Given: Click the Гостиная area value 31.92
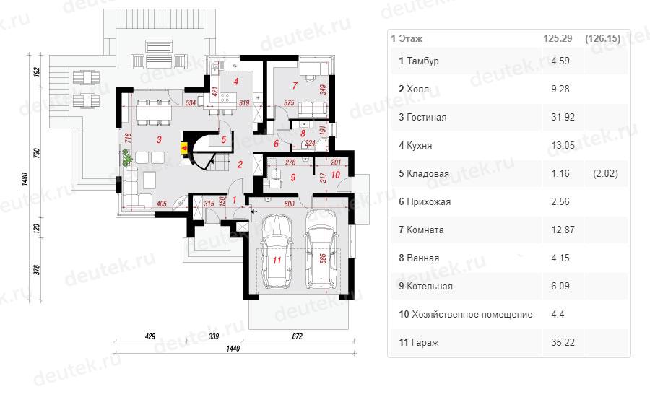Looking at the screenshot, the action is [x=563, y=117].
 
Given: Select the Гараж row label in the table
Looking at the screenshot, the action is [x=419, y=343].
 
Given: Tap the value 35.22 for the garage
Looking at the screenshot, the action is [x=563, y=342].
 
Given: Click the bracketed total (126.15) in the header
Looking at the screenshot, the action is [x=603, y=38].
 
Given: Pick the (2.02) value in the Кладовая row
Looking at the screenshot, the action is [x=605, y=174].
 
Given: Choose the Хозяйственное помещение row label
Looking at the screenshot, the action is [x=466, y=315].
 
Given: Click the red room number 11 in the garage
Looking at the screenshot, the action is [x=277, y=261].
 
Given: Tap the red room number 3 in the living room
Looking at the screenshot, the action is [x=159, y=139].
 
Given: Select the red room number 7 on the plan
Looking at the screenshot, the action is [x=295, y=86].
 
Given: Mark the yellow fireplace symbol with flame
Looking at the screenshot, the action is [x=184, y=148].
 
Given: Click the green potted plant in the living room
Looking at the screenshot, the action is [x=127, y=157].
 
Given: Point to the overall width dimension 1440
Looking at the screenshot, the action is [x=233, y=349].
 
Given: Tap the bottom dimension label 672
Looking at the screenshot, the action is [x=298, y=336].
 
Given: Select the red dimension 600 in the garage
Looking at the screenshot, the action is [x=289, y=204].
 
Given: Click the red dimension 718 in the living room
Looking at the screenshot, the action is [x=128, y=138].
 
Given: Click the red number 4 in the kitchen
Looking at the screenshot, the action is [x=236, y=82].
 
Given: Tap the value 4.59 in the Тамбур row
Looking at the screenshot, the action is [x=560, y=61].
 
